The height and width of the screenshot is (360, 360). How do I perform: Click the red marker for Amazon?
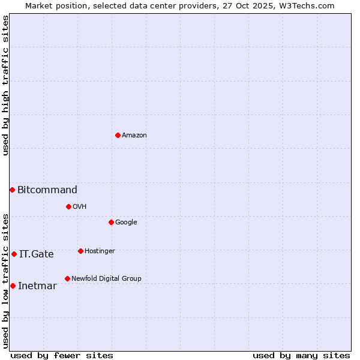tap(118, 135)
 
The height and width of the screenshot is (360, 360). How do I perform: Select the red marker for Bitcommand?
tap(12, 190)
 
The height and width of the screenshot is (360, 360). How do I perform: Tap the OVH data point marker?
tap(68, 206)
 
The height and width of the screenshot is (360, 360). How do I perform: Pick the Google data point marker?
tap(111, 222)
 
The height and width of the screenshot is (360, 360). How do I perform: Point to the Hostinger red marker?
tap(80, 251)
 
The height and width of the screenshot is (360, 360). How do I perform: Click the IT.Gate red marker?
tap(14, 254)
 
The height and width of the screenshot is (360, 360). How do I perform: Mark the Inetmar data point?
tap(13, 286)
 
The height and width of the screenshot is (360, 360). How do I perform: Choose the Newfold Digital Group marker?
tap(67, 278)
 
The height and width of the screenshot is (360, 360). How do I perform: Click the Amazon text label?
tap(134, 136)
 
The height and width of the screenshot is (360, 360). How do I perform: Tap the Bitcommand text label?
tap(47, 190)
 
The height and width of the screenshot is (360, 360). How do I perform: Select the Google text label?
tap(126, 223)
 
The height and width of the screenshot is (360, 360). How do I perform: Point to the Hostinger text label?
tap(100, 251)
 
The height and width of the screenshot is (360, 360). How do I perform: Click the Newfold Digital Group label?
tap(106, 279)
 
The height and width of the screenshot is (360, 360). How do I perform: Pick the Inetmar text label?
tap(37, 286)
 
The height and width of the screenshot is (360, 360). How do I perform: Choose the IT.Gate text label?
tap(37, 254)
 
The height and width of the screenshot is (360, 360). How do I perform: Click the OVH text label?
tap(80, 207)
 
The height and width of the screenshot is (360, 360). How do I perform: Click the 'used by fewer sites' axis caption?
tap(62, 355)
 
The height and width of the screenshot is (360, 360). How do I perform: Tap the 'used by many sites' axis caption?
tap(301, 355)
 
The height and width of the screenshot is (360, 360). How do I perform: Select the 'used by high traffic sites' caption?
tap(5, 85)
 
